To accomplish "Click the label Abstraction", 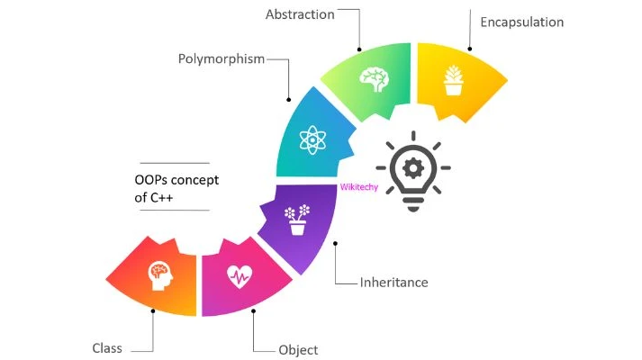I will click(300, 15).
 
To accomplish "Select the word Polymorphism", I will click(221, 59).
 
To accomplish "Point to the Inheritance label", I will click(393, 282).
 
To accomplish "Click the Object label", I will click(297, 349).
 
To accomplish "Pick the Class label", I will click(107, 348).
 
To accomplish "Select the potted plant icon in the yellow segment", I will click(454, 79).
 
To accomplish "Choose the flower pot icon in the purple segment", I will click(296, 220).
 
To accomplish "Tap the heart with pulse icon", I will click(239, 275).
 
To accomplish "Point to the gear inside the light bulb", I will click(413, 167).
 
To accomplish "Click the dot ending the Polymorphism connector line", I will click(289, 99).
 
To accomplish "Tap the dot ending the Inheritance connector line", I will click(335, 242).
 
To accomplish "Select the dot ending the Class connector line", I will click(153, 311).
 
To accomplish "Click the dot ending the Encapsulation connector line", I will click(469, 49).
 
